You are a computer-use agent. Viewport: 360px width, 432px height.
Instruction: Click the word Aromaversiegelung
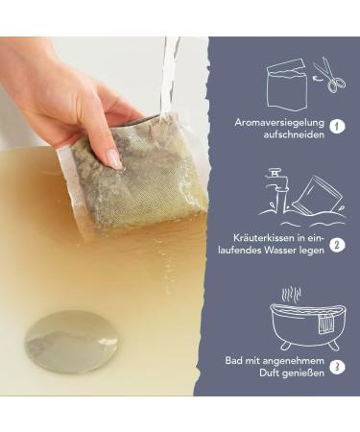pos(279,123)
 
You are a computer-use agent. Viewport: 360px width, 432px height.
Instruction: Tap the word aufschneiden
pos(294,134)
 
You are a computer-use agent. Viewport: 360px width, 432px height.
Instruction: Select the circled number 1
pos(337,126)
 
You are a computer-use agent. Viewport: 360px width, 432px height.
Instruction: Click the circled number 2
pos(337,245)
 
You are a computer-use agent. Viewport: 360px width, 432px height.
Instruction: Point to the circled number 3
pos(337,367)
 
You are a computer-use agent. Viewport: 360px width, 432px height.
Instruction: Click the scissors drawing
pos(329,75)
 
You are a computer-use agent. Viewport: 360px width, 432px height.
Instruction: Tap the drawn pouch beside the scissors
pos(286,84)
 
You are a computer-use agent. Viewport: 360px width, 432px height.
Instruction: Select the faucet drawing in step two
pos(276,191)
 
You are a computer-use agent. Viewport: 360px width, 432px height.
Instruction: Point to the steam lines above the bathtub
pos(291,295)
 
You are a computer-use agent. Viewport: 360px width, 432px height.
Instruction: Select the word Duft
pos(269,373)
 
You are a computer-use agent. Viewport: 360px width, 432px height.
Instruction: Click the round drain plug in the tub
pos(71,342)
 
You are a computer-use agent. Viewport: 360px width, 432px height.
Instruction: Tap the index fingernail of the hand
pos(114,159)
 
